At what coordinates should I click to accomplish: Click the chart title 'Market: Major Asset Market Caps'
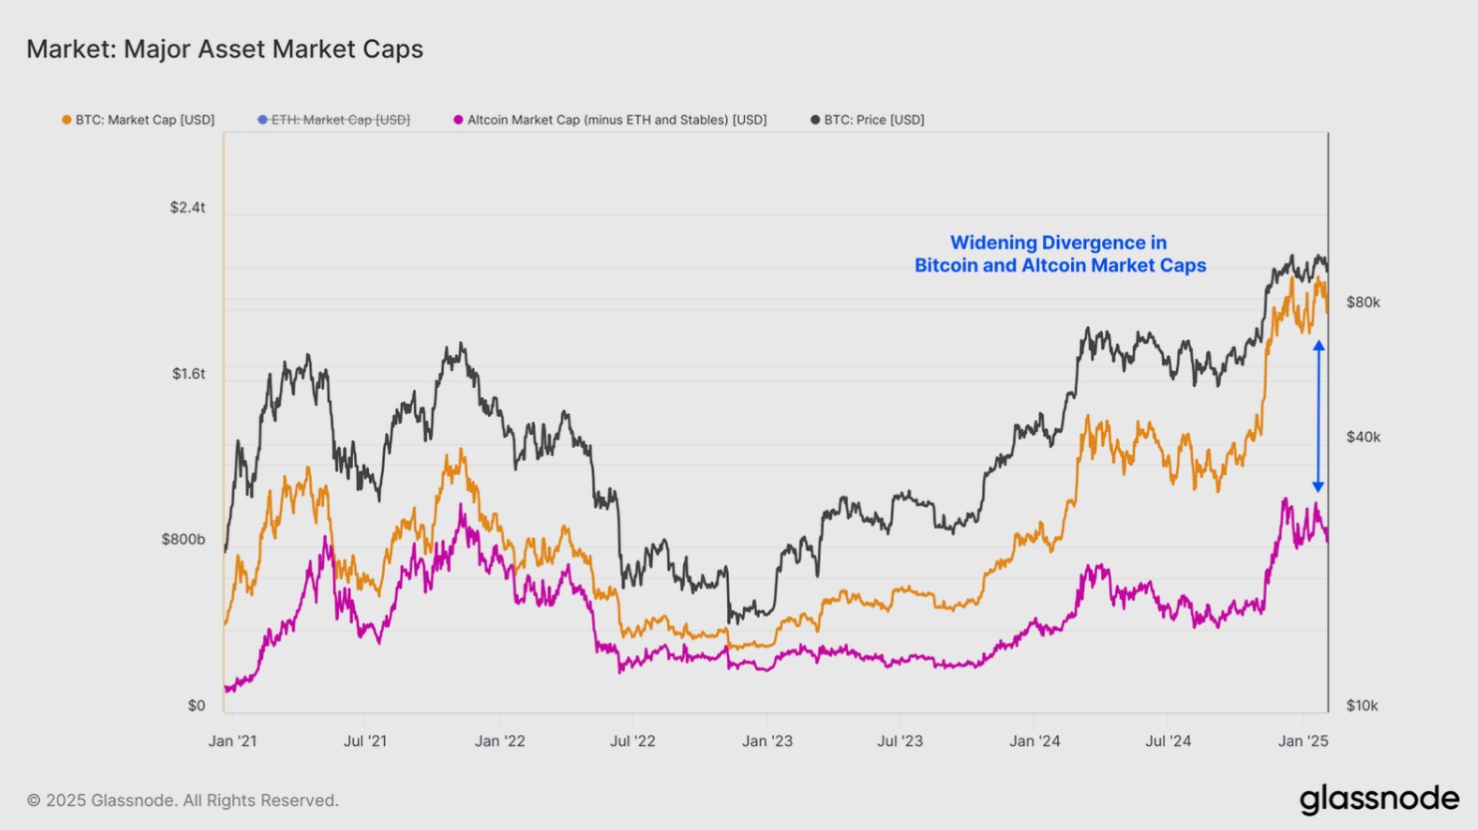coord(224,49)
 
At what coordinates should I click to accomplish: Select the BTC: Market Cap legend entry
coord(139,120)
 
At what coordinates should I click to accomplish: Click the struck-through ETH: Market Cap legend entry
coord(334,120)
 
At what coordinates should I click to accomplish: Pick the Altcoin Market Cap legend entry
coord(610,120)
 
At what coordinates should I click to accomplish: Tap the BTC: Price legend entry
coord(868,120)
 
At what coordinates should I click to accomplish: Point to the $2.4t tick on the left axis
coord(187,207)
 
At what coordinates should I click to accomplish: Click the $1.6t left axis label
coord(187,374)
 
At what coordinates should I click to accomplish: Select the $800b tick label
coord(184,540)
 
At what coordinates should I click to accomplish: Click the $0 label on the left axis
coord(196,705)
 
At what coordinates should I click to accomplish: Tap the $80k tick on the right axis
coord(1363,302)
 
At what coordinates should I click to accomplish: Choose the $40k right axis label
coord(1363,437)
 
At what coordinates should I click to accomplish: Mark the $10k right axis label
coord(1362,705)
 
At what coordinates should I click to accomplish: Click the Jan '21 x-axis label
coord(232,741)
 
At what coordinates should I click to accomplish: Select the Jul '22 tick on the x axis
coord(633,741)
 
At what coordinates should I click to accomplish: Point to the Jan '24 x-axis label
coord(1034,741)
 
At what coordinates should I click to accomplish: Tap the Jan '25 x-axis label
coord(1303,741)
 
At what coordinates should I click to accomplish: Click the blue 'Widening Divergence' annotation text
coord(1060,254)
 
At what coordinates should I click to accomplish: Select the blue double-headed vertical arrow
coord(1318,416)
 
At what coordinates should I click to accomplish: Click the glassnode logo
coord(1378,799)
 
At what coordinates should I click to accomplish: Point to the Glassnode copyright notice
coord(183,800)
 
